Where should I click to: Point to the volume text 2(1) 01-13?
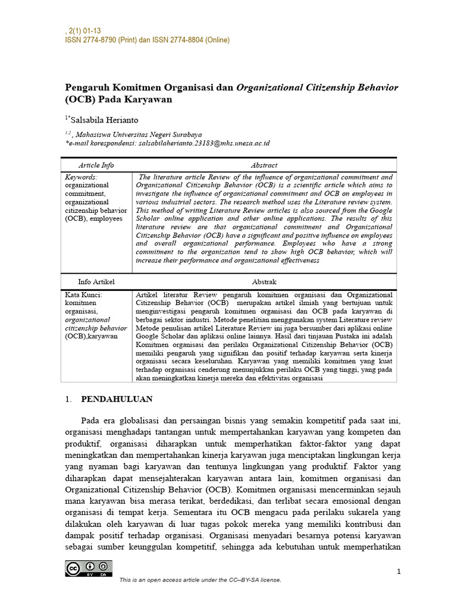tap(84, 30)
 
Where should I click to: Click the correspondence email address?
tap(202, 143)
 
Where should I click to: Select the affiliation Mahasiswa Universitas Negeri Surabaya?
tap(139, 134)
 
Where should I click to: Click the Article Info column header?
tap(96, 165)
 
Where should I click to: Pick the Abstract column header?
tap(264, 165)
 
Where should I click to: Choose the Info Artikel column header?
tap(96, 281)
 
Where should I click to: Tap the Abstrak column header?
tap(264, 281)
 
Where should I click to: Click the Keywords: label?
tap(82, 177)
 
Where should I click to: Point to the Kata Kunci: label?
tap(84, 294)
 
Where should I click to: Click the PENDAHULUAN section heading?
tap(117, 399)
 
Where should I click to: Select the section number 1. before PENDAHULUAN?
tap(68, 399)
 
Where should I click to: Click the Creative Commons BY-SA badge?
tap(89, 569)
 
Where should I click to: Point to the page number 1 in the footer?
tap(399, 572)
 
